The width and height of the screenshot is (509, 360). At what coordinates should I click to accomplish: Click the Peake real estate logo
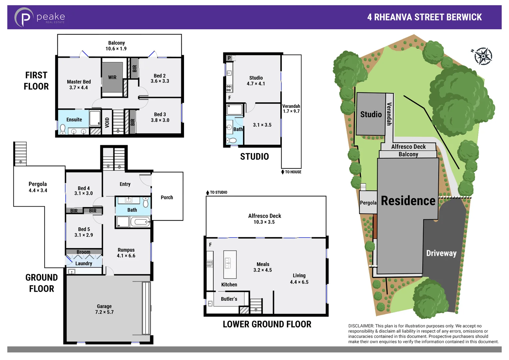click(39, 17)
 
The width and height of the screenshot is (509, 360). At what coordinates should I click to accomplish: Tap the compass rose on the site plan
click(483, 56)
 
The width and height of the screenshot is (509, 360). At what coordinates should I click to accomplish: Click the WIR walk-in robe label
click(112, 77)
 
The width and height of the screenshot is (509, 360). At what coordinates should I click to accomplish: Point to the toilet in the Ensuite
click(63, 129)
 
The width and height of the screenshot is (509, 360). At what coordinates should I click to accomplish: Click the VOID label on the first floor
click(107, 123)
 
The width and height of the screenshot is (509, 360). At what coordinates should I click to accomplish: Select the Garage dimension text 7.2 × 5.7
click(104, 312)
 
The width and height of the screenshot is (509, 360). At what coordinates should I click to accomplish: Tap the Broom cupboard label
click(83, 252)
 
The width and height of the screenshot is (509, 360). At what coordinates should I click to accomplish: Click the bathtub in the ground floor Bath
click(140, 222)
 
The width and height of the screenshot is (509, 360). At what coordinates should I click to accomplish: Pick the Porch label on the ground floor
click(167, 197)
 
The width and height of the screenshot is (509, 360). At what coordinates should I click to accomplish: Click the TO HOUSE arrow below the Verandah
click(283, 172)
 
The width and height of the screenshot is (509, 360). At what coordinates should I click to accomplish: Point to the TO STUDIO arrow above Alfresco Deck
click(208, 192)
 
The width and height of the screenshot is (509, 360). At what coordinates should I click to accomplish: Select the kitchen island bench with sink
click(230, 264)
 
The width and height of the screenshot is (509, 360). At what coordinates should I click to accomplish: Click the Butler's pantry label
click(229, 299)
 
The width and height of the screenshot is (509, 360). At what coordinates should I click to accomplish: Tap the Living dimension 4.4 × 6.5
click(299, 282)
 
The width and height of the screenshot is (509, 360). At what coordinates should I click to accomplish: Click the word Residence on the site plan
click(408, 201)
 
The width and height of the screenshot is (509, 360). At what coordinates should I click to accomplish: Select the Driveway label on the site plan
click(441, 253)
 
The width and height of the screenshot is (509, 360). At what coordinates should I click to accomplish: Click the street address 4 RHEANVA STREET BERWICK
click(424, 17)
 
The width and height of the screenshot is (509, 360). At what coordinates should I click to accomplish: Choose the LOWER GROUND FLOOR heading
click(267, 324)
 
